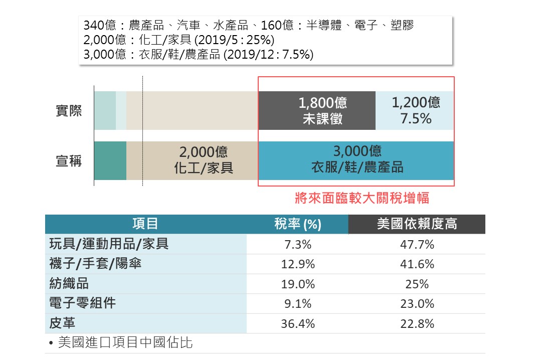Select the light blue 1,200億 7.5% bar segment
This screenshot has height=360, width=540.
[x=415, y=111]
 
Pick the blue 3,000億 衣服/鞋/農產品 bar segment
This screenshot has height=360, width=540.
[x=356, y=160]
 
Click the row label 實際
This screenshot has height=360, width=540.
[x=69, y=111]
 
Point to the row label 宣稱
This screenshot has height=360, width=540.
[x=69, y=161]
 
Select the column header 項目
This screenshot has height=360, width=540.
[x=145, y=224]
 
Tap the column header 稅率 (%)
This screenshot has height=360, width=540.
[x=297, y=224]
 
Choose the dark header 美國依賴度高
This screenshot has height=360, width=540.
[x=417, y=224]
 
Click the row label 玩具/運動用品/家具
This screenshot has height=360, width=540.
[x=109, y=244]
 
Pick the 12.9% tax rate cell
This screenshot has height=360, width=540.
[x=297, y=264]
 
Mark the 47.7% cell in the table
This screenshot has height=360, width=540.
[x=417, y=245]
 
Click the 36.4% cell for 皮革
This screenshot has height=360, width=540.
[x=297, y=324]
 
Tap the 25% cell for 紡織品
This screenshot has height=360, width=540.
[x=417, y=284]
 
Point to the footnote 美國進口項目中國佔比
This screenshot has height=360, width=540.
[x=125, y=343]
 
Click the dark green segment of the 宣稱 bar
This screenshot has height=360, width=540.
[x=110, y=160]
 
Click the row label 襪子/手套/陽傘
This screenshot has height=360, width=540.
[x=95, y=264]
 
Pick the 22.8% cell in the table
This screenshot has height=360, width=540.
[x=417, y=324]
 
